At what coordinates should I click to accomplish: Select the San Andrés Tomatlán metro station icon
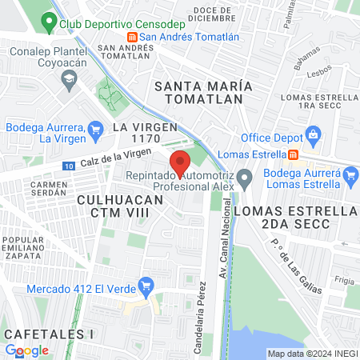pos(132,37)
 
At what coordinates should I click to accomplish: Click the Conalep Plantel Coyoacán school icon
pos(70,77)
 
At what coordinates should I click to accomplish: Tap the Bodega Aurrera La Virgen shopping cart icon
pos(96,128)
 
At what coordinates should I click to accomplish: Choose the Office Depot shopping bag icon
pos(314,134)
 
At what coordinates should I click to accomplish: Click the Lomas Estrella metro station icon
pos(294,154)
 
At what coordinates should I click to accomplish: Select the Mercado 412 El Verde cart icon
pos(146,285)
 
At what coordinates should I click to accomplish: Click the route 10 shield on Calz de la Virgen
pos(69,165)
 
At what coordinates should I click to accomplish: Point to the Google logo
pos(26,350)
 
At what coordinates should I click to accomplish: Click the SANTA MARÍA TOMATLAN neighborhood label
pos(203,92)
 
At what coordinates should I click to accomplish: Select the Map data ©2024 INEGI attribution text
pos(311,354)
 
